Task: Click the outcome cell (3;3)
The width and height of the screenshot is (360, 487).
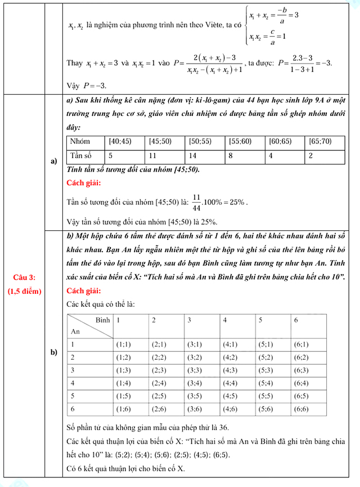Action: pyautogui.click(x=196, y=370)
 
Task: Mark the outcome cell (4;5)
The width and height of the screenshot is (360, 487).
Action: pyautogui.click(x=232, y=396)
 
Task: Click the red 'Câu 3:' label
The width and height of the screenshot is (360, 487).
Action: pyautogui.click(x=24, y=276)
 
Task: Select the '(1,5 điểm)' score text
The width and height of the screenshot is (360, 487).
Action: pyautogui.click(x=24, y=291)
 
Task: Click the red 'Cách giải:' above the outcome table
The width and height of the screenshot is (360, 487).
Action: pyautogui.click(x=84, y=291)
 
